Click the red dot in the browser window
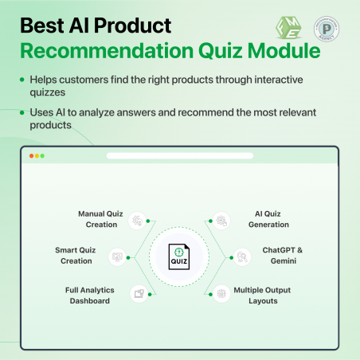(x=32, y=155)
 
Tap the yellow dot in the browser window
(x=37, y=155)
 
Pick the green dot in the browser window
(x=43, y=155)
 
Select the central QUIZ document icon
(x=179, y=256)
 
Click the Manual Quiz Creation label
(x=97, y=219)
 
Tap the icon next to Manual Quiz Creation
(x=138, y=219)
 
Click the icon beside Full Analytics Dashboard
(x=138, y=293)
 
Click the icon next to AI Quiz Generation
(x=221, y=219)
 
